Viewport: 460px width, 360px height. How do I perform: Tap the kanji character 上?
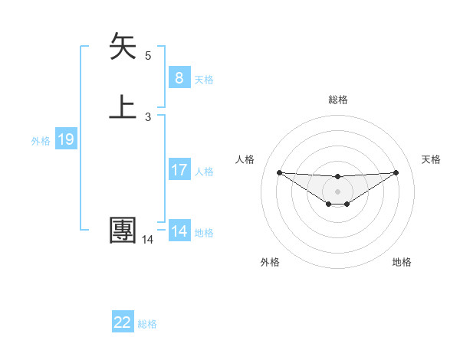click(x=123, y=106)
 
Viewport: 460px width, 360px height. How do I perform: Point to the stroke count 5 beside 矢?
click(x=148, y=56)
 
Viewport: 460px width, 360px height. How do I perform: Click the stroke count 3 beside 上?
click(x=148, y=116)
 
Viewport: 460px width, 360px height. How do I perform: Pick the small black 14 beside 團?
click(x=147, y=240)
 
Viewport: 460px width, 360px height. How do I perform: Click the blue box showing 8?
click(x=179, y=77)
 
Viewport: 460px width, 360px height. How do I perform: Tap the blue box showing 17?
click(x=179, y=170)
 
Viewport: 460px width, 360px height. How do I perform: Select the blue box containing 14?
click(x=179, y=231)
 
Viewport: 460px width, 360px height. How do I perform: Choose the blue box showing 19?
click(x=65, y=139)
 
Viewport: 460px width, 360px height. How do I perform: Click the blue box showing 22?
click(x=123, y=322)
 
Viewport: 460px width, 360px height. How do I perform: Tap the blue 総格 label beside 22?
click(x=147, y=324)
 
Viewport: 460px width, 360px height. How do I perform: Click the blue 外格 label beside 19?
click(x=41, y=141)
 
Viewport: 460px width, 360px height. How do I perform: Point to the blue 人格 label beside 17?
click(x=205, y=172)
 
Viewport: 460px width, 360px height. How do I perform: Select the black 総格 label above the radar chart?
click(x=337, y=100)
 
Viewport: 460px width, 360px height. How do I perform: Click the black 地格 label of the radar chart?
click(x=402, y=262)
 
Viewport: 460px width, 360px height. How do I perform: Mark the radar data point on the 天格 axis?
click(x=396, y=172)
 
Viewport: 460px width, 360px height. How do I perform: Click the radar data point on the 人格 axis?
click(x=279, y=172)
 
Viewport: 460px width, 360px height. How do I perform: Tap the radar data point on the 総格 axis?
click(x=337, y=177)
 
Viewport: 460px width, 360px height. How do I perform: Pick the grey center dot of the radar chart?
click(x=337, y=191)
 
